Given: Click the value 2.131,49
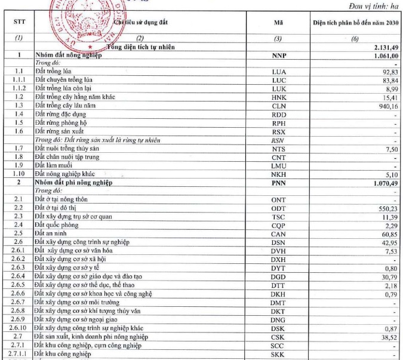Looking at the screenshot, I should [x=386, y=47].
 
